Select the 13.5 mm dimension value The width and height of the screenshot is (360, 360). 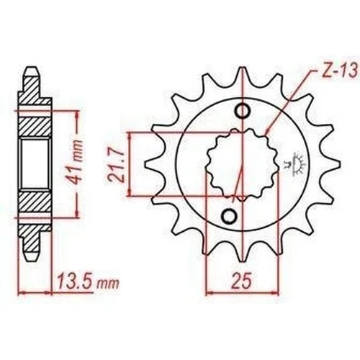pos(87,283)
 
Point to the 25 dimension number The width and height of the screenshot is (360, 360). pos(242,281)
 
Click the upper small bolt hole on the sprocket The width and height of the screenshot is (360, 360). pos(243,111)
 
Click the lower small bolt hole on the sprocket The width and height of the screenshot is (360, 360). pos(229,216)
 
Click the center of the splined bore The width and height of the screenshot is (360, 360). pos(243,165)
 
